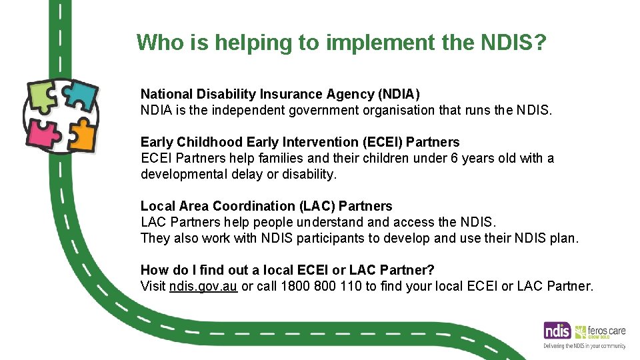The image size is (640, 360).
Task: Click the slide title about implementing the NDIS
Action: click(x=341, y=43)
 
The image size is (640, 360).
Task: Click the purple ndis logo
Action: click(x=557, y=331)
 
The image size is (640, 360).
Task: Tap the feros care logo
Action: click(x=600, y=331)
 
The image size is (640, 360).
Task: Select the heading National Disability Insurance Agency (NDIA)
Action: click(x=280, y=94)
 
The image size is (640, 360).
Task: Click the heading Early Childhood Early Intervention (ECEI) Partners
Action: click(x=300, y=142)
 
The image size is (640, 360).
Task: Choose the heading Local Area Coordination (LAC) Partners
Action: click(x=266, y=206)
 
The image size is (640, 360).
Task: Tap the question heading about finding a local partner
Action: click(x=287, y=270)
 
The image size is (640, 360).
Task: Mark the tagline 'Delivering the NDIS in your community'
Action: click(x=584, y=346)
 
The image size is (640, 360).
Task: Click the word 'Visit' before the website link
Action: click(x=153, y=286)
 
